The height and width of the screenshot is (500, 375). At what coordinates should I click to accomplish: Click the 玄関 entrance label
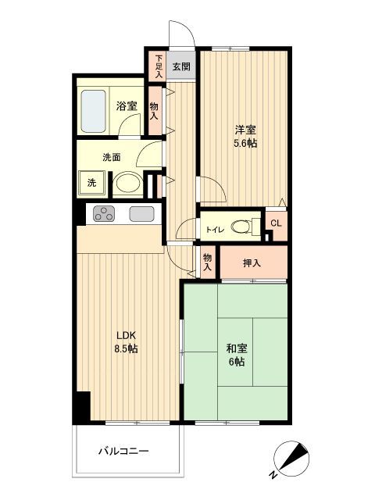tap(181, 66)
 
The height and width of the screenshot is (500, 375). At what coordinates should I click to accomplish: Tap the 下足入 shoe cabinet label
tap(158, 66)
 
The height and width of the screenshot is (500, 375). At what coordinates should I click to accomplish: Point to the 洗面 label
tap(111, 156)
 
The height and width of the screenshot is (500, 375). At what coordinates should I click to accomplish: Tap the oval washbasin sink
tap(127, 184)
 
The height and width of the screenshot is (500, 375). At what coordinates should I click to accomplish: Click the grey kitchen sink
tap(141, 214)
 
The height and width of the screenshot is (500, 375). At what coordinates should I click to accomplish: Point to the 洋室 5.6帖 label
tap(245, 136)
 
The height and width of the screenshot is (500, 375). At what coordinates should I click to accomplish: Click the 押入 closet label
tap(252, 263)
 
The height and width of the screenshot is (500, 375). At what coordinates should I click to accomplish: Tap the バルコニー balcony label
tap(123, 451)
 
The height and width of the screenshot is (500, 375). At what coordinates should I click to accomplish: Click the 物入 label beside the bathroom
tap(154, 110)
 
